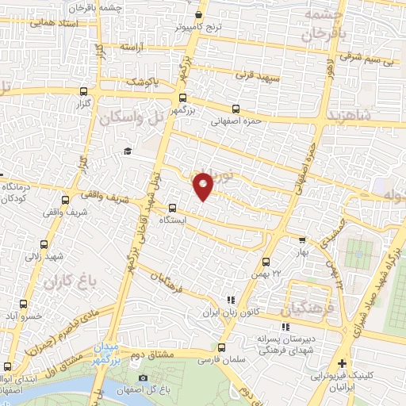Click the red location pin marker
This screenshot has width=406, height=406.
204,185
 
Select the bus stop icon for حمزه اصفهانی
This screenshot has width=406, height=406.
235,109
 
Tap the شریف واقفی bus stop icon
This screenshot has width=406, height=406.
65,200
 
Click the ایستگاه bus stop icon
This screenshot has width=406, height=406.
172,208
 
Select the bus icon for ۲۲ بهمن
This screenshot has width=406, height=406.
266,261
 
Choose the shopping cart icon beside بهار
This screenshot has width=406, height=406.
301,239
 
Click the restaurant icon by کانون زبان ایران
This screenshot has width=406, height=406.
231,300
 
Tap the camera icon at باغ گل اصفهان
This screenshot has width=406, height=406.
143,377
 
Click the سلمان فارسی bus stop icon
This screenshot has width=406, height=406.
221,347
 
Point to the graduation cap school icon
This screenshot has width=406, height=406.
126,151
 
